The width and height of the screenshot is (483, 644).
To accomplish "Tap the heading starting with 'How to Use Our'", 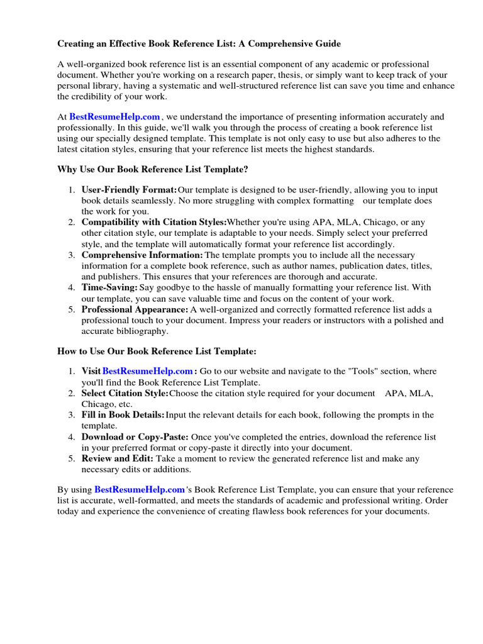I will (x=157, y=351).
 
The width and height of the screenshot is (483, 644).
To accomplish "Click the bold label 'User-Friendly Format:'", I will (x=129, y=190).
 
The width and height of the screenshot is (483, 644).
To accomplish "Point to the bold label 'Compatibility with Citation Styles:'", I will (x=154, y=222).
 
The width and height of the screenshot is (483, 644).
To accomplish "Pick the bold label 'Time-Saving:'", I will (x=109, y=287).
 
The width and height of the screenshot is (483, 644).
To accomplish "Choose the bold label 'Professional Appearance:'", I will (x=135, y=309).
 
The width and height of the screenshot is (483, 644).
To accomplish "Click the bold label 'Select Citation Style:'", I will (x=125, y=393).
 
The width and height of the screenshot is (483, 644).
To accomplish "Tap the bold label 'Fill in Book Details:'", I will (x=123, y=415).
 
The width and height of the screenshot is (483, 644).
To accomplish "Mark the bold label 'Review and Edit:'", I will (x=118, y=458).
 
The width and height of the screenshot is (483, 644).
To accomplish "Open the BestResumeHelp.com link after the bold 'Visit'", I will (x=148, y=372).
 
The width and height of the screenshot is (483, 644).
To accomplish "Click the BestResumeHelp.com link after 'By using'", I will (x=140, y=489).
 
